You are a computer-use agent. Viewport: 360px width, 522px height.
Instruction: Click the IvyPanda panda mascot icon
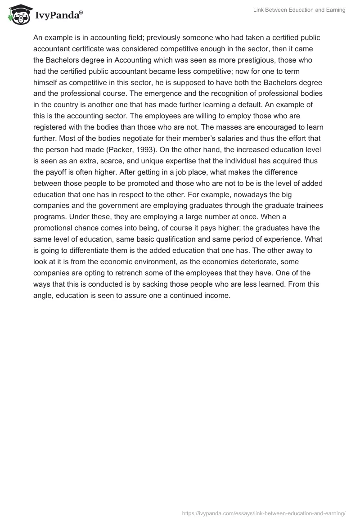[18, 15]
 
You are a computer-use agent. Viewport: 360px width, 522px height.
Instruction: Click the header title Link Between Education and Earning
[298, 10]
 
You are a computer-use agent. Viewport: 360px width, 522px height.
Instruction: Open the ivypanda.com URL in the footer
[264, 513]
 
